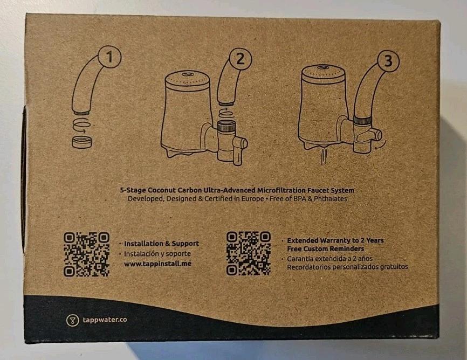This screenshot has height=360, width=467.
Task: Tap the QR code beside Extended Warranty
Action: coord(248,254)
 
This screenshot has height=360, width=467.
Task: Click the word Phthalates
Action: coord(327,199)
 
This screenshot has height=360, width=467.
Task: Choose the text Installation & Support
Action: coord(161,244)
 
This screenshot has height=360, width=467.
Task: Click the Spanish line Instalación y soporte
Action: coord(157,254)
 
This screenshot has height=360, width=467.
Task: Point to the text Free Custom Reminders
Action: coord(325,248)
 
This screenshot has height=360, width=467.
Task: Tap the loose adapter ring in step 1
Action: coord(82,142)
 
